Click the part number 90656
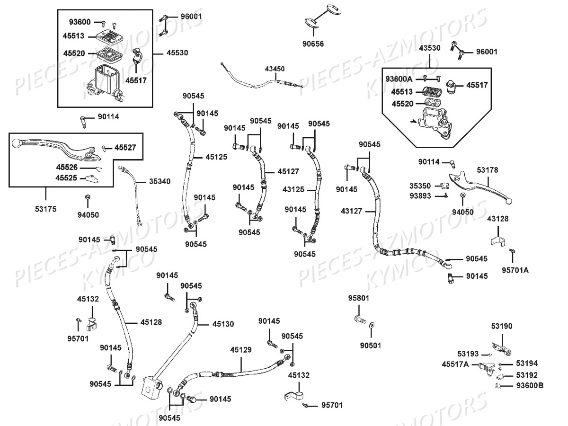click(x=313, y=44)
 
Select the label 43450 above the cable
click(x=275, y=69)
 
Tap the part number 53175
click(x=45, y=208)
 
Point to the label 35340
click(x=160, y=181)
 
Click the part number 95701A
click(x=515, y=270)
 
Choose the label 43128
click(x=498, y=218)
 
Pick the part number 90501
click(x=370, y=346)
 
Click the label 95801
click(x=359, y=298)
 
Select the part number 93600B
click(x=530, y=385)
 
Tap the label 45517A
click(x=455, y=364)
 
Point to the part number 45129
click(x=241, y=350)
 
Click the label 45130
click(x=223, y=324)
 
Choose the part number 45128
click(x=151, y=322)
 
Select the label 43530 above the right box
click(x=429, y=48)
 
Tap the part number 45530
click(x=177, y=53)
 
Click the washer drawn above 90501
click(x=372, y=325)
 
